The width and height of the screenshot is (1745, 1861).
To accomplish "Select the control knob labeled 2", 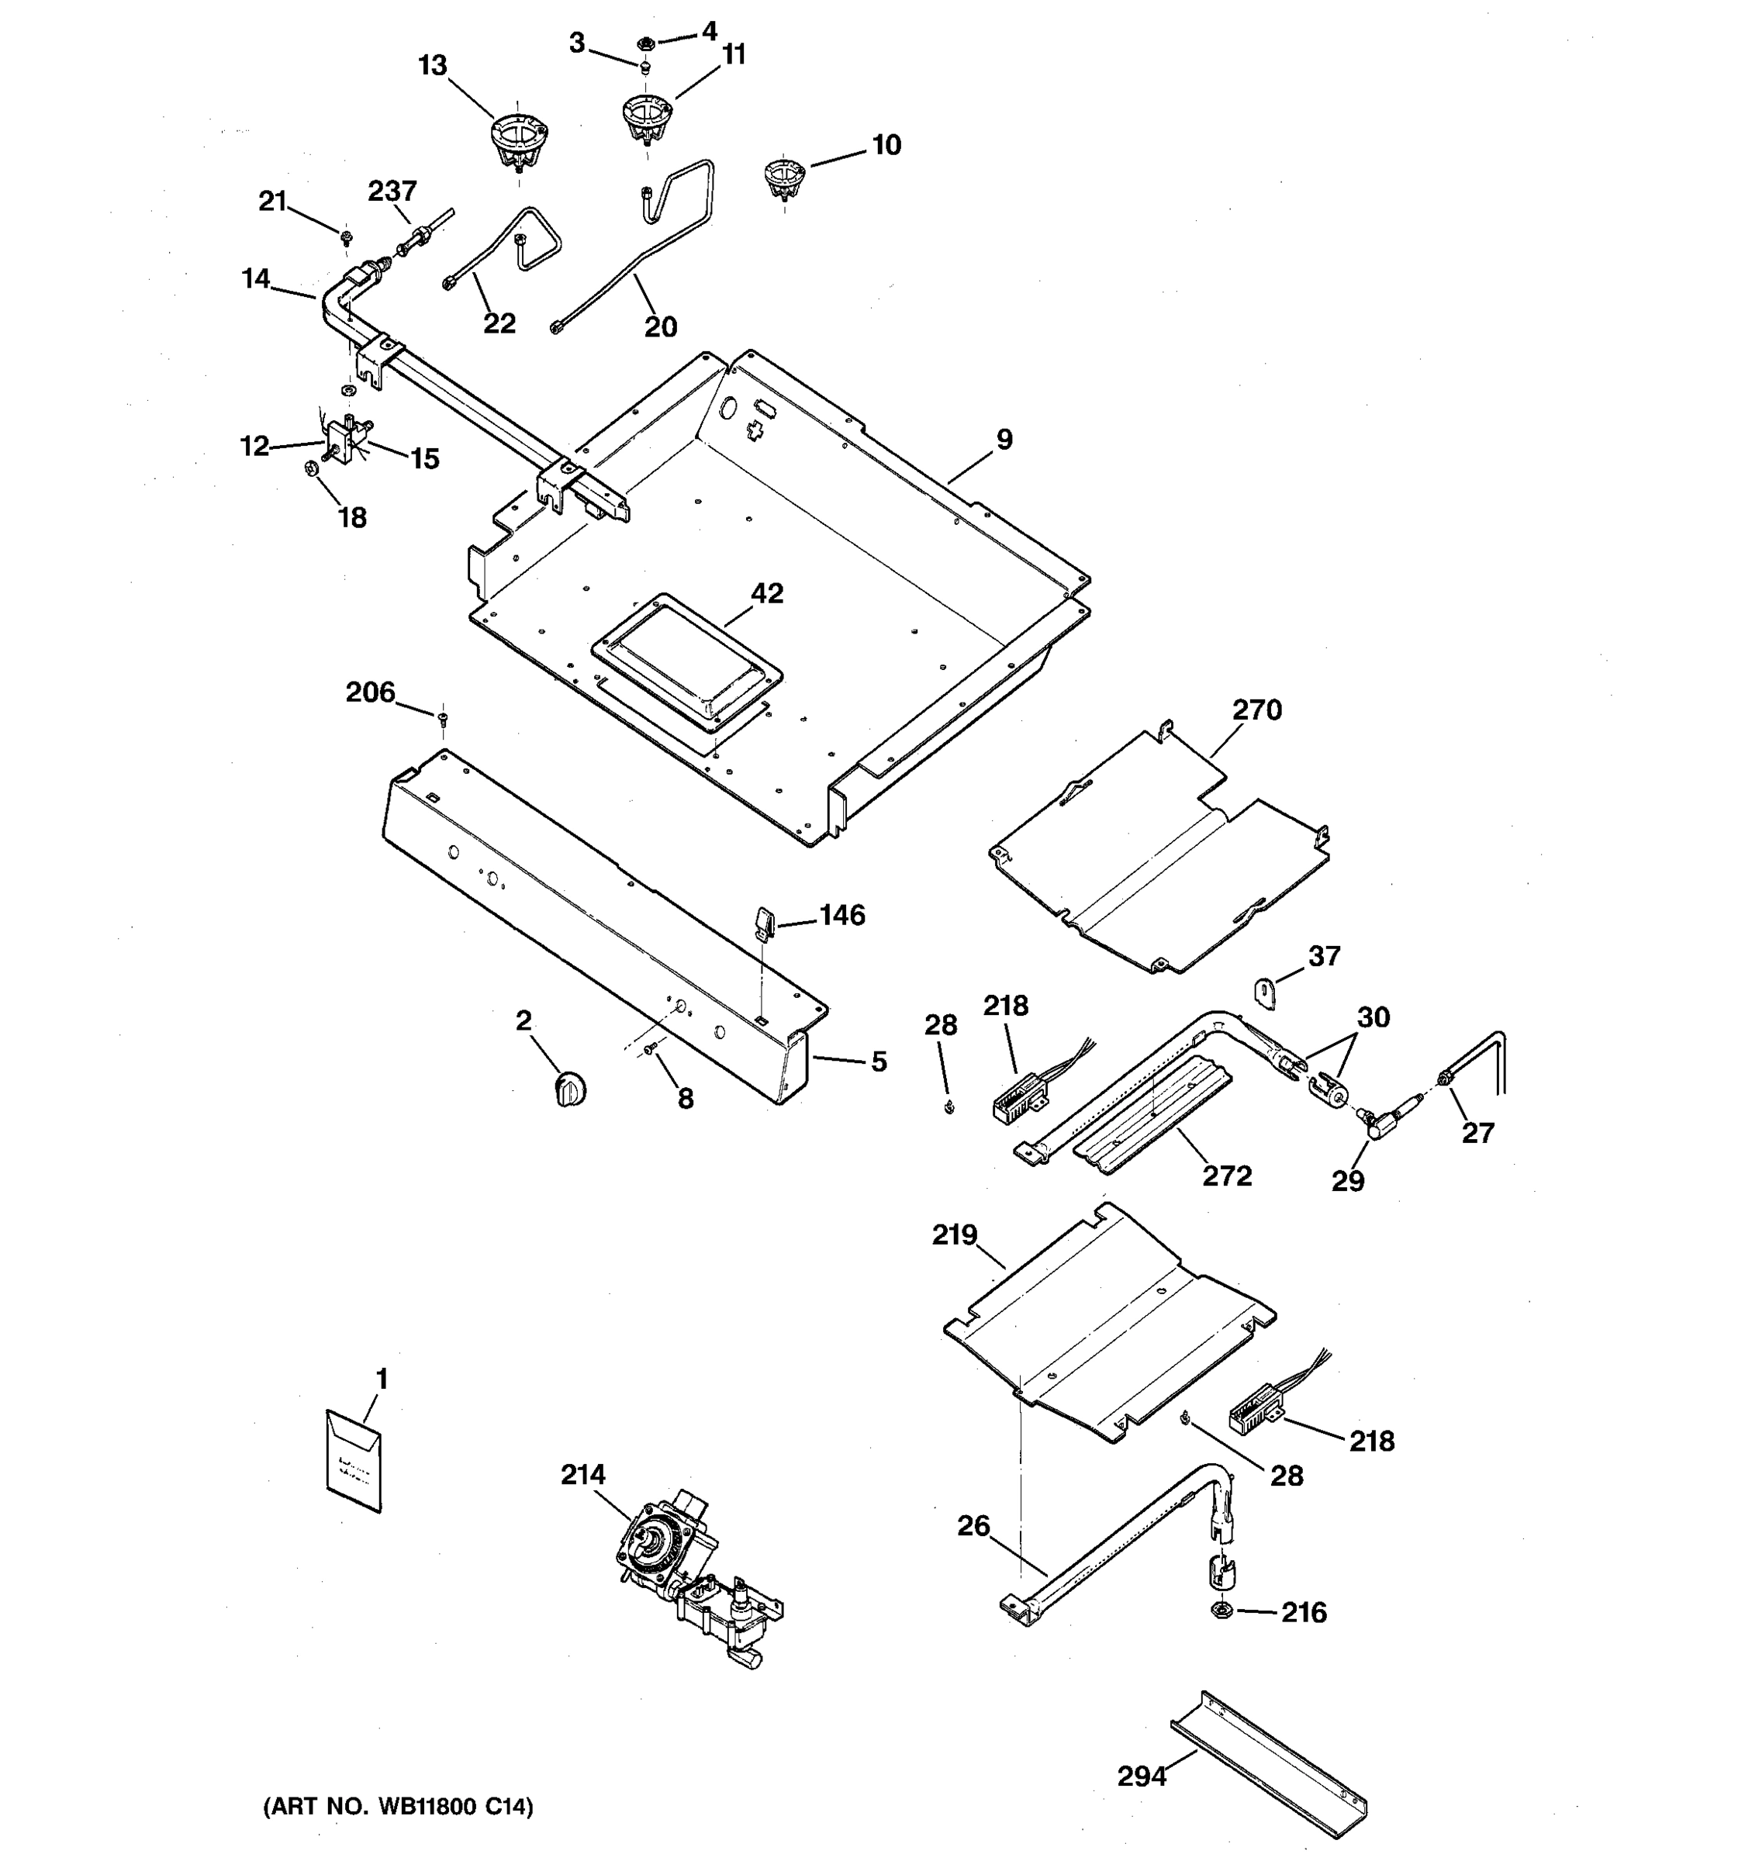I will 570,1089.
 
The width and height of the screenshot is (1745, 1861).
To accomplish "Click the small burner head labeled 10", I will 783,178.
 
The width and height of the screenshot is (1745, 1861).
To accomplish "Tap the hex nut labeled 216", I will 1220,1611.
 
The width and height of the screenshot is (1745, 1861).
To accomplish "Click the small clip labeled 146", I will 763,921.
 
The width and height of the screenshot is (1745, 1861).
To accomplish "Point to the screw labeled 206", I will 443,718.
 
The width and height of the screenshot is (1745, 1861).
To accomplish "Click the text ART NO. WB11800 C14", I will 398,1807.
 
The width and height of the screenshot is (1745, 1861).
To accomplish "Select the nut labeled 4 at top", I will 646,42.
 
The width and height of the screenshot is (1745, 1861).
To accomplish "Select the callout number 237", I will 392,191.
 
